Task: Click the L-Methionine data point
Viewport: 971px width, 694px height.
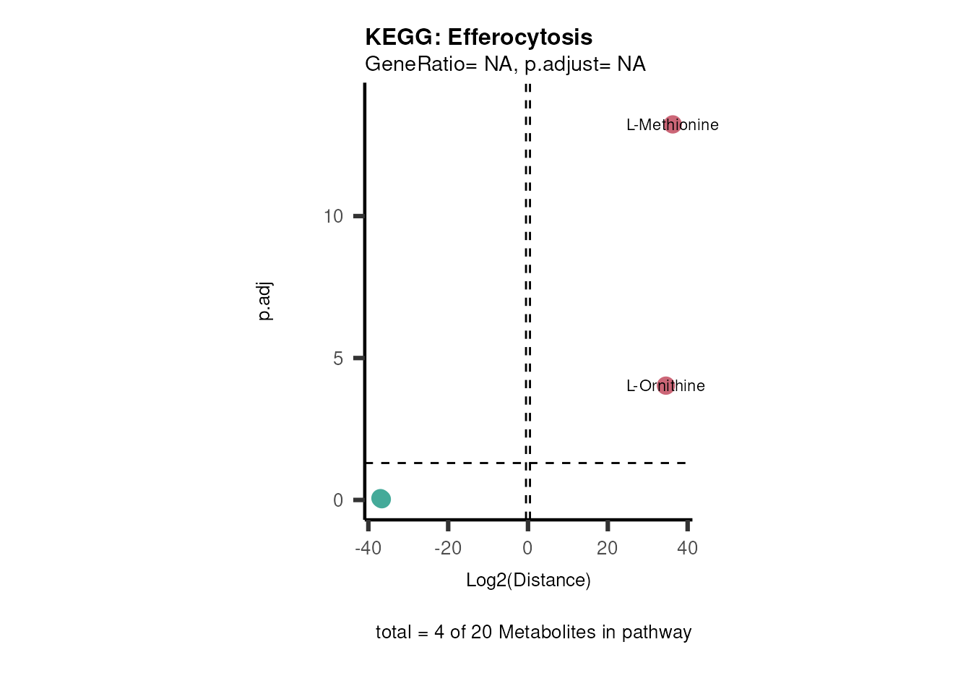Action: (673, 124)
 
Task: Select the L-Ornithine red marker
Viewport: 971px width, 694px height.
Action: (665, 385)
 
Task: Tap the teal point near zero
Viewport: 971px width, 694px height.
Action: (381, 498)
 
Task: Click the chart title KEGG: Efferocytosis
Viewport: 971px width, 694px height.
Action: (478, 37)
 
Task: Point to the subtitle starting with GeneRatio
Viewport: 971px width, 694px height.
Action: (505, 64)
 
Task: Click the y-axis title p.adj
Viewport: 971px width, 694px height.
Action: (265, 301)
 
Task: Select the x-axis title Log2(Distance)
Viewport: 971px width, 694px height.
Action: (528, 580)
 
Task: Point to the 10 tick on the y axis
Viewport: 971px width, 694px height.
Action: (333, 216)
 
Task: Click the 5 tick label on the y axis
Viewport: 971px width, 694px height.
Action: (338, 359)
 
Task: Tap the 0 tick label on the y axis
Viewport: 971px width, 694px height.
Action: (338, 500)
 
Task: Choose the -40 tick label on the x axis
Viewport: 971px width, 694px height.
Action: (368, 548)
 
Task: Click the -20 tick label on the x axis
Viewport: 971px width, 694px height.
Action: (448, 548)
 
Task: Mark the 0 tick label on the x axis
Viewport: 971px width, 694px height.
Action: (527, 548)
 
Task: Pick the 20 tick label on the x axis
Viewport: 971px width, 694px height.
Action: (607, 548)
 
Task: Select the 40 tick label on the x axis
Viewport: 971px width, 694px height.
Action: (687, 548)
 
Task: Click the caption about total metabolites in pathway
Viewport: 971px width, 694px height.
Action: (533, 633)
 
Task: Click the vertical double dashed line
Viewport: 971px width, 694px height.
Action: (528, 289)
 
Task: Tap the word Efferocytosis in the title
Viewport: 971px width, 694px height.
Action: (520, 37)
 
